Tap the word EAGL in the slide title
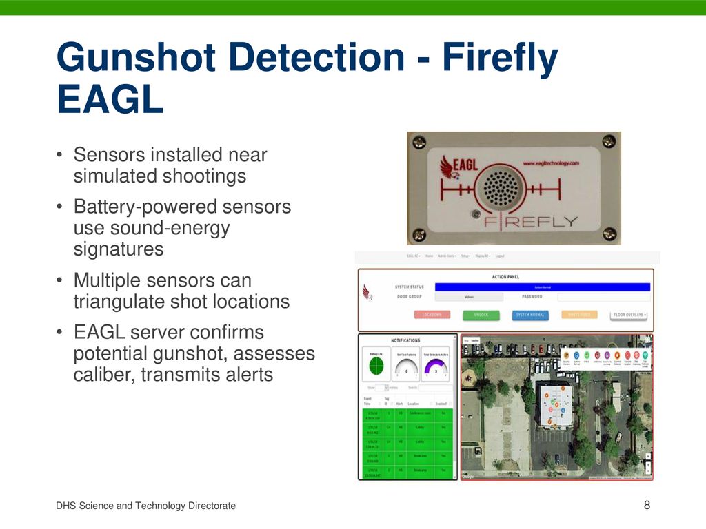(110, 100)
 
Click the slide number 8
(647, 506)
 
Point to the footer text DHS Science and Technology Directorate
(146, 506)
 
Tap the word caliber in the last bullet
(103, 375)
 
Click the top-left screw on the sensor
(418, 143)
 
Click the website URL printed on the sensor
(550, 163)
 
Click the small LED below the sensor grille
(475, 214)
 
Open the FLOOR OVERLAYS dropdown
(629, 315)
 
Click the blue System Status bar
(543, 287)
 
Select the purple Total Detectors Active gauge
(435, 368)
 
